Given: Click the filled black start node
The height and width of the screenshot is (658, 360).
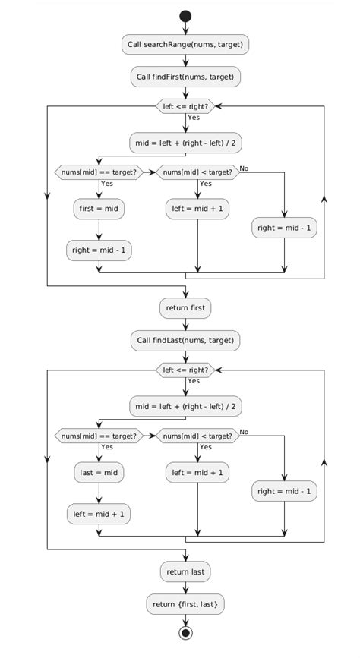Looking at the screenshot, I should (x=185, y=15).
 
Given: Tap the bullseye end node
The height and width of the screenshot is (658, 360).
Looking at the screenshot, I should (x=185, y=634).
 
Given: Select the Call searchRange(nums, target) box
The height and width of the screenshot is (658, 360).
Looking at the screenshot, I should (x=185, y=45).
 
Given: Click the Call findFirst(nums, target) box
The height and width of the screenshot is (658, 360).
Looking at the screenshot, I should (x=185, y=77).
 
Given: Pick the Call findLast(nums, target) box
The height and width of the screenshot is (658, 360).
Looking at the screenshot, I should (x=185, y=340).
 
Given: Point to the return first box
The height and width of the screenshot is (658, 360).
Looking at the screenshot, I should (x=185, y=308).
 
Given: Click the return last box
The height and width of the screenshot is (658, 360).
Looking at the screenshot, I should (x=185, y=571).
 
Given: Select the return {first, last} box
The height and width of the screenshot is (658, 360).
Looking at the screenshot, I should (x=185, y=604).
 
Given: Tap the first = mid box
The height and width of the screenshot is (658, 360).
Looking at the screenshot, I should (x=99, y=209).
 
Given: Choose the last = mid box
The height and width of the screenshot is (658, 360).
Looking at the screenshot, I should (x=99, y=472).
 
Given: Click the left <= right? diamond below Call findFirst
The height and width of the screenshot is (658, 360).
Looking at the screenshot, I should (x=185, y=106).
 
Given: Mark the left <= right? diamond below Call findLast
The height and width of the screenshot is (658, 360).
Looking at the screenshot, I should (x=185, y=370).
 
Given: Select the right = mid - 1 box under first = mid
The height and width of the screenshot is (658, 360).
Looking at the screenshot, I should (x=99, y=250).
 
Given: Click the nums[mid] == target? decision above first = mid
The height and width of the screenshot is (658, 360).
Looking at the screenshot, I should (x=99, y=172).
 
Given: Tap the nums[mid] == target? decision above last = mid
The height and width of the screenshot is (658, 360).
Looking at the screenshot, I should (x=99, y=436).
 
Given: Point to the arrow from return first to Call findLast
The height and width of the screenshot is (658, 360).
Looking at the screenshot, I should (x=185, y=324).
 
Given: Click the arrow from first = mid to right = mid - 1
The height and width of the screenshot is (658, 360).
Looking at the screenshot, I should (x=99, y=229).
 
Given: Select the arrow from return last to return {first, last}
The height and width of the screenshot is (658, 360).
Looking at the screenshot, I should (x=185, y=587).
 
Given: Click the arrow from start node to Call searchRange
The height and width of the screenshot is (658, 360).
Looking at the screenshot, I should (x=185, y=29).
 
